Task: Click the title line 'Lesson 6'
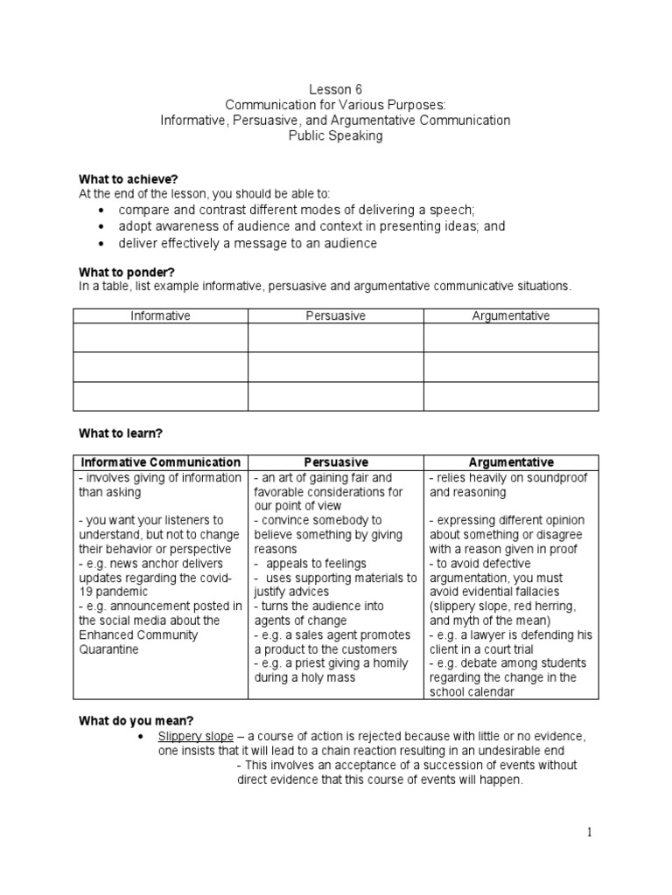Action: click(x=336, y=89)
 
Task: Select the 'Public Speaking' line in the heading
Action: click(x=336, y=136)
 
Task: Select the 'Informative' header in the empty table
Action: click(x=160, y=316)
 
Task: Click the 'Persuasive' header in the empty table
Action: click(x=335, y=316)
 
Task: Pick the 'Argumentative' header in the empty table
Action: click(x=511, y=316)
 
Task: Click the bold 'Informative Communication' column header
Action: click(x=160, y=461)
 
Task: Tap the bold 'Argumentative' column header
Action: click(x=511, y=461)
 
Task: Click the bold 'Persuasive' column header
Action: click(x=335, y=461)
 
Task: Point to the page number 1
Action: click(x=590, y=833)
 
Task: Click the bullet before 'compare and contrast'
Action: click(x=101, y=211)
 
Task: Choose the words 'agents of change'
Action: click(x=296, y=621)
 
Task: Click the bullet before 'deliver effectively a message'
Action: click(x=101, y=243)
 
